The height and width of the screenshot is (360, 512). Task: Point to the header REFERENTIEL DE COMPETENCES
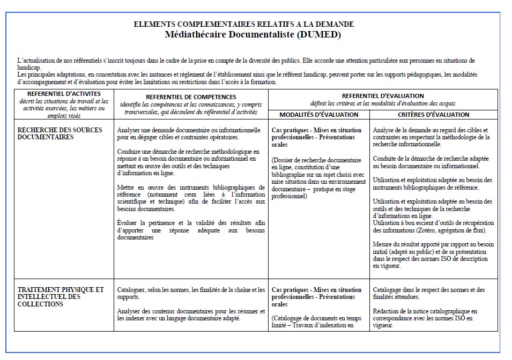(x=191, y=96)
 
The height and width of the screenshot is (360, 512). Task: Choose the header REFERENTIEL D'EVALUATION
(x=382, y=95)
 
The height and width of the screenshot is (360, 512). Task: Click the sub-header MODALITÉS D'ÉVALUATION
(x=318, y=115)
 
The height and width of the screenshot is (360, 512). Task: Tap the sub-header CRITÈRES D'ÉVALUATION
(x=433, y=115)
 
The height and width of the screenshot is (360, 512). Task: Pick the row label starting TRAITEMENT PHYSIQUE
(x=61, y=297)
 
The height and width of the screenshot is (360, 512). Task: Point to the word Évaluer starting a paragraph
(x=128, y=222)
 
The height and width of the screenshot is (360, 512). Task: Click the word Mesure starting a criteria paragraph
(x=384, y=244)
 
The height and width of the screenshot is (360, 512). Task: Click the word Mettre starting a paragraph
(x=127, y=187)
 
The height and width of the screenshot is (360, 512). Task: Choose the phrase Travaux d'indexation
(x=328, y=325)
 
